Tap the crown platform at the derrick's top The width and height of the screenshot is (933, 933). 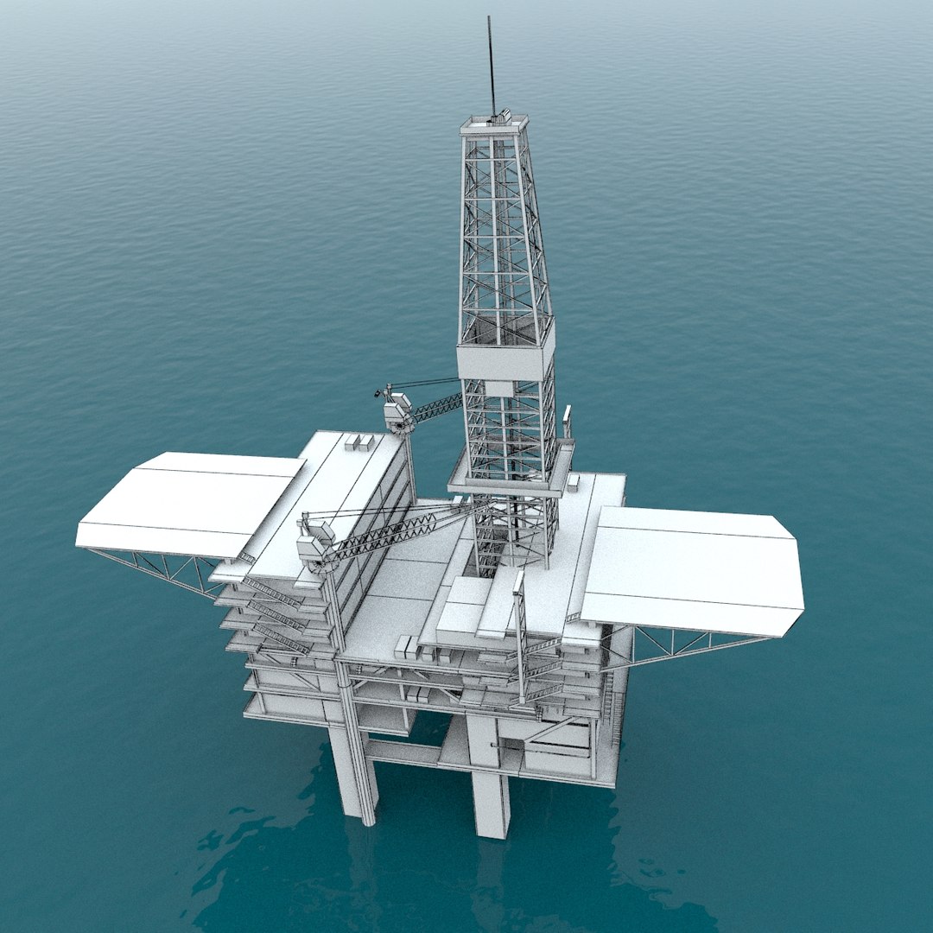(x=494, y=126)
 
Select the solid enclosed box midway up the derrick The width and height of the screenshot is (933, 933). (x=505, y=361)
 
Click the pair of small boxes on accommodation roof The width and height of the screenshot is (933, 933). (x=359, y=442)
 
